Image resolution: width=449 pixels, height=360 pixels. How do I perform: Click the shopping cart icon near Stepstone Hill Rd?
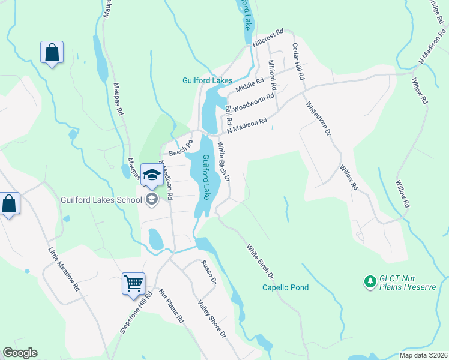133,283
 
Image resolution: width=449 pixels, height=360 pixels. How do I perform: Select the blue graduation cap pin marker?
152,175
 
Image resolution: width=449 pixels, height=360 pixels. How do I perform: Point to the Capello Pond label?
286,287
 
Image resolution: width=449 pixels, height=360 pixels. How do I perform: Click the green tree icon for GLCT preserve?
370,280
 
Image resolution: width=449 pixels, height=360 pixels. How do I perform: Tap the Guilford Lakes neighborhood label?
207,80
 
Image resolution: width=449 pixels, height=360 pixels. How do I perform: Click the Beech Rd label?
180,148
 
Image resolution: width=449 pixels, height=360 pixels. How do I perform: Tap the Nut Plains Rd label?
171,306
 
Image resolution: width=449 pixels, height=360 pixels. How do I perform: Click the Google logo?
20,353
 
